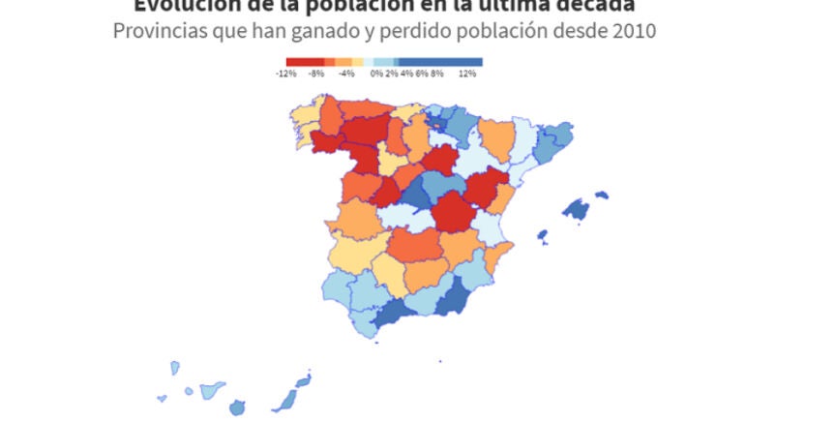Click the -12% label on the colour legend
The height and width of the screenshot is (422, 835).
pos(285,74)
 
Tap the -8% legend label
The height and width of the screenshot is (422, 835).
pos(316,74)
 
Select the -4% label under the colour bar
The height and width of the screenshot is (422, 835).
pos(347,74)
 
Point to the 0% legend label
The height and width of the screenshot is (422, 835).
pos(375,74)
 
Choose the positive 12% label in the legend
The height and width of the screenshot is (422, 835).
pos(468,74)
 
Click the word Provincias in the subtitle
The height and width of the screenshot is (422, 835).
pos(155,31)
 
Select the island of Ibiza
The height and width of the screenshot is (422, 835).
pos(543,236)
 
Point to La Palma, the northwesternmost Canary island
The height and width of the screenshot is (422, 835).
pos(175,368)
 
